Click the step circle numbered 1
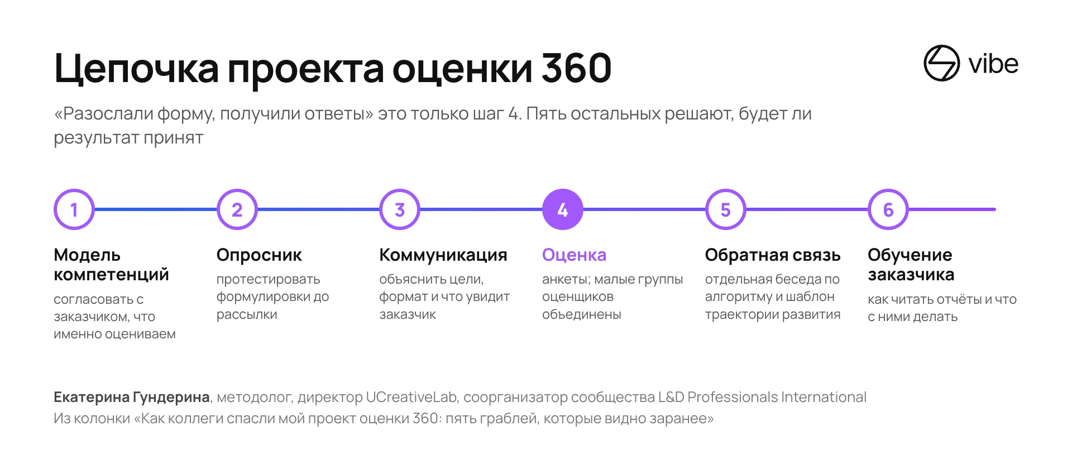(74, 209)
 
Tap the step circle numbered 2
(237, 209)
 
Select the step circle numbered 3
(400, 209)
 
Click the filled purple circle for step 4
(563, 209)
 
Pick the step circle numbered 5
(726, 209)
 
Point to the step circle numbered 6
(888, 209)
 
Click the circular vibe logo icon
(941, 63)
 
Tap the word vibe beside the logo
(994, 64)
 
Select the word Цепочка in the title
(137, 70)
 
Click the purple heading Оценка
(574, 255)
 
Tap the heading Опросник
(259, 256)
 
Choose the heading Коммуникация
(443, 256)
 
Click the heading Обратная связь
(773, 255)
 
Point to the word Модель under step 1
(87, 256)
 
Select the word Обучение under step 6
(910, 255)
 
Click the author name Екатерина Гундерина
(132, 398)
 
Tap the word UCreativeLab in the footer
(411, 397)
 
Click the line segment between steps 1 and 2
(156, 209)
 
